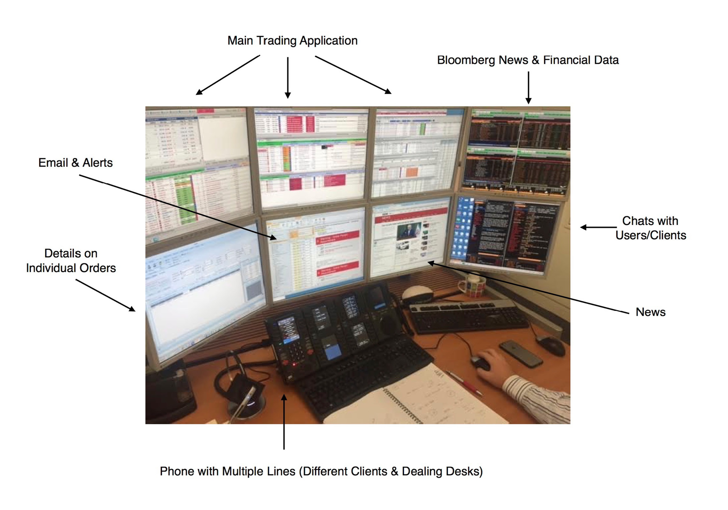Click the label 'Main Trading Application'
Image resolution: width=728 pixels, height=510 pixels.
click(x=292, y=41)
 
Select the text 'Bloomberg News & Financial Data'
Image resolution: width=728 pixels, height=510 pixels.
click(x=527, y=60)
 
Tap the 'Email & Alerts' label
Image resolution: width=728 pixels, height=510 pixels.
click(x=75, y=163)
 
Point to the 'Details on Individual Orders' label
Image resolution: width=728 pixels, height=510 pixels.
click(x=71, y=261)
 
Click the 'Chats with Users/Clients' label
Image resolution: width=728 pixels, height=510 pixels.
click(x=650, y=228)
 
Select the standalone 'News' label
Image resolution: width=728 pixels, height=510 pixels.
click(x=650, y=312)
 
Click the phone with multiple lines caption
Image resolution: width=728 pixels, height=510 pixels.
click(x=321, y=471)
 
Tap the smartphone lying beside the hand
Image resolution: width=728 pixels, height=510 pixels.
click(x=521, y=353)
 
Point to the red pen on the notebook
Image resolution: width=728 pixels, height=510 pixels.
click(x=464, y=382)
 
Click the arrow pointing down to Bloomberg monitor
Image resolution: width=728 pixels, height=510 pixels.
click(x=528, y=87)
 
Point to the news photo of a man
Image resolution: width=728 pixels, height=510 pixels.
click(x=408, y=230)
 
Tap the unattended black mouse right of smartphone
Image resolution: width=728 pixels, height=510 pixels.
click(x=552, y=344)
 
